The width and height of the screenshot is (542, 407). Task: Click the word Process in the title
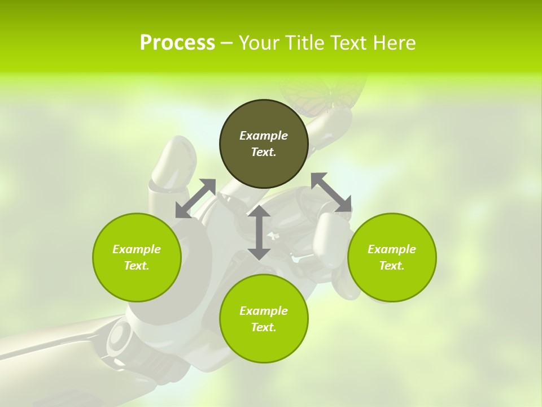point(177,43)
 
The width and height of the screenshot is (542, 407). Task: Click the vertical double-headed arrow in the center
point(259,232)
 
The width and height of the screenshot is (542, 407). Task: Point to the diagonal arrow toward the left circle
point(195,198)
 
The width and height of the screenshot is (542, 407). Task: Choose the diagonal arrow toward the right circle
point(331,193)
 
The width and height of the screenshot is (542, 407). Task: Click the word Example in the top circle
point(264,136)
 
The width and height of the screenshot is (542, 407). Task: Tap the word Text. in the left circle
point(137,266)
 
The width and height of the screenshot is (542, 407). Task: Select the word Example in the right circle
point(392,249)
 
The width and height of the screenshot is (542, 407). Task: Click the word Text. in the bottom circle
point(264,327)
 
